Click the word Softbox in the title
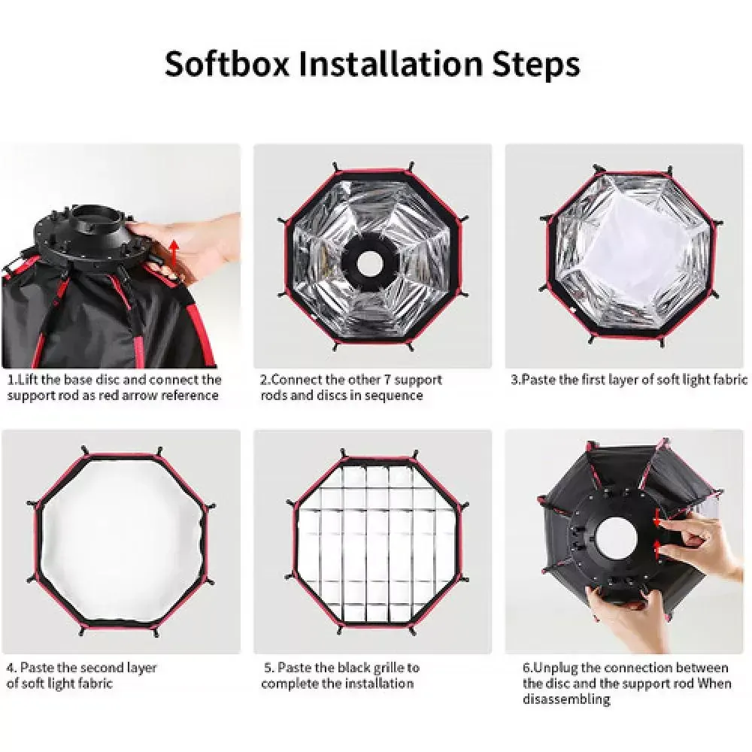(227, 63)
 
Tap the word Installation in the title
(390, 63)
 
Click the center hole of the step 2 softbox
(368, 262)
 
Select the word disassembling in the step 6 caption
(566, 699)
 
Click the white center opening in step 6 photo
(617, 538)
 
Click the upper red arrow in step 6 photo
(658, 521)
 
